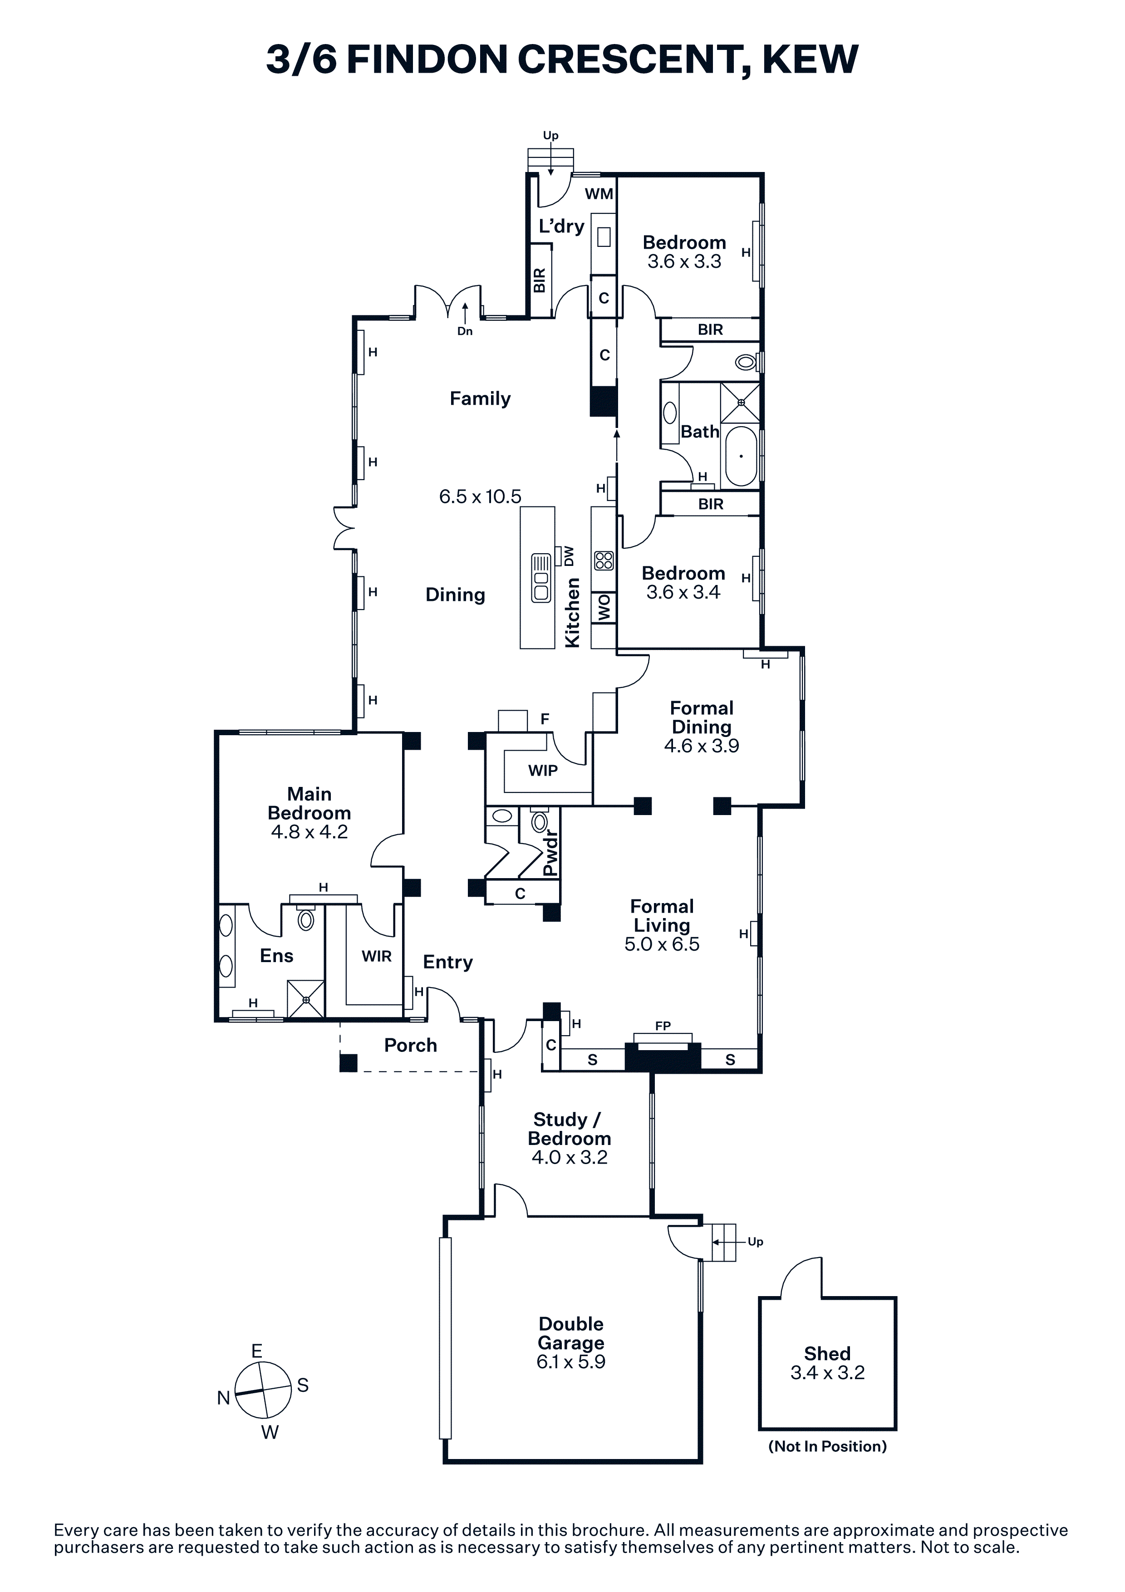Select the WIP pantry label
click(x=543, y=770)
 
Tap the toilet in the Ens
click(x=306, y=919)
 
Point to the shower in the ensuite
click(x=306, y=1000)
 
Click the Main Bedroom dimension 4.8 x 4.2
click(x=309, y=831)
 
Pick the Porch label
click(x=410, y=1045)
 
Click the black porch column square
click(x=349, y=1063)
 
